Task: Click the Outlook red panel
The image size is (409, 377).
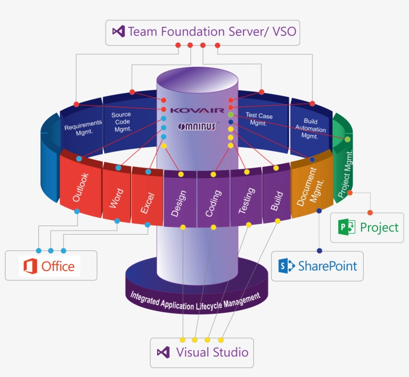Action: click(x=80, y=187)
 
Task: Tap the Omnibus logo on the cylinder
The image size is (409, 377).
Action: click(x=197, y=126)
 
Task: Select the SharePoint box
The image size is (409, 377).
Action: click(x=317, y=266)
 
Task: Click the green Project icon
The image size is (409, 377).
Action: click(x=347, y=228)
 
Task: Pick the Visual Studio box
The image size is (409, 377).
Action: click(x=202, y=353)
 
